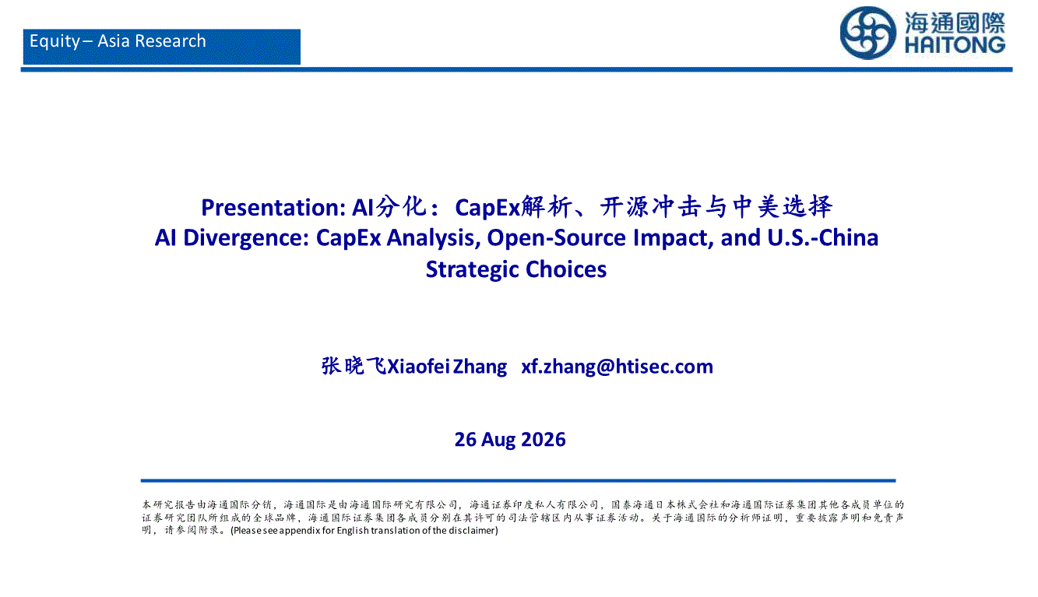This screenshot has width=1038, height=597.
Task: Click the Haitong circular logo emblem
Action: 867,33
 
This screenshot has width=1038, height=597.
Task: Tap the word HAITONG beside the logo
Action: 955,45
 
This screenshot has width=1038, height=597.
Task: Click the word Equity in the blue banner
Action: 55,42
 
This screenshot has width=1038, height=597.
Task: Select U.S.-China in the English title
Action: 822,237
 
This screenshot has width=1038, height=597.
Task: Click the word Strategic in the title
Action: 472,270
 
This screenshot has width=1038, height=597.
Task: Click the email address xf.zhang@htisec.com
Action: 617,367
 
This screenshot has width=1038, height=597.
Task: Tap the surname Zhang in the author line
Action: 480,367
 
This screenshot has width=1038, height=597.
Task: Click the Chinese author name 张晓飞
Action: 354,366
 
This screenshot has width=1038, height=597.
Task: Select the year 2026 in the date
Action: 543,440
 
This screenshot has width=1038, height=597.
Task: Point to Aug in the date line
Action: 498,441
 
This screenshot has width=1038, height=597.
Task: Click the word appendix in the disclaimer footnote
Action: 299,531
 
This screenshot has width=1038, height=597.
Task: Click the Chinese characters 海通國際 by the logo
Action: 955,23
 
